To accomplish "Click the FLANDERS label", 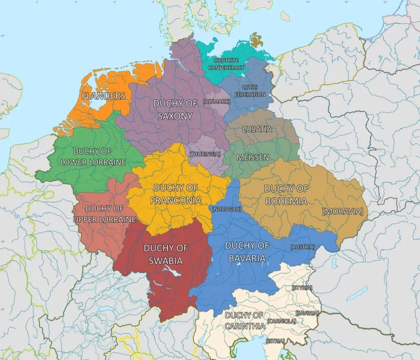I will pos(103,96).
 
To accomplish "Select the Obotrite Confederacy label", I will pos(226,64).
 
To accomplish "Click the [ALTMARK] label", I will pos(216,101).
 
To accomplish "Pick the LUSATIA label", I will pos(257,130).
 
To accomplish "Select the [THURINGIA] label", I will pos(205,154).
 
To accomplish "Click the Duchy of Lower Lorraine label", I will pos(93,157).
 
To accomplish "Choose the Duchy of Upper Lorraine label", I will pos(104,214).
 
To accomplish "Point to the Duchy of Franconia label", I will pos(176,194).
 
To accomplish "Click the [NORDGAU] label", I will pos(227,209).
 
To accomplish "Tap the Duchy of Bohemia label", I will pos(286,195).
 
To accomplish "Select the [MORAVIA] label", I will pos(342,211).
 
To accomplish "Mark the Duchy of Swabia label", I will pos(166,254).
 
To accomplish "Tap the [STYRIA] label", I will pos(301,288).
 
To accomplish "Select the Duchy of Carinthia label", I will pos(245,321).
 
